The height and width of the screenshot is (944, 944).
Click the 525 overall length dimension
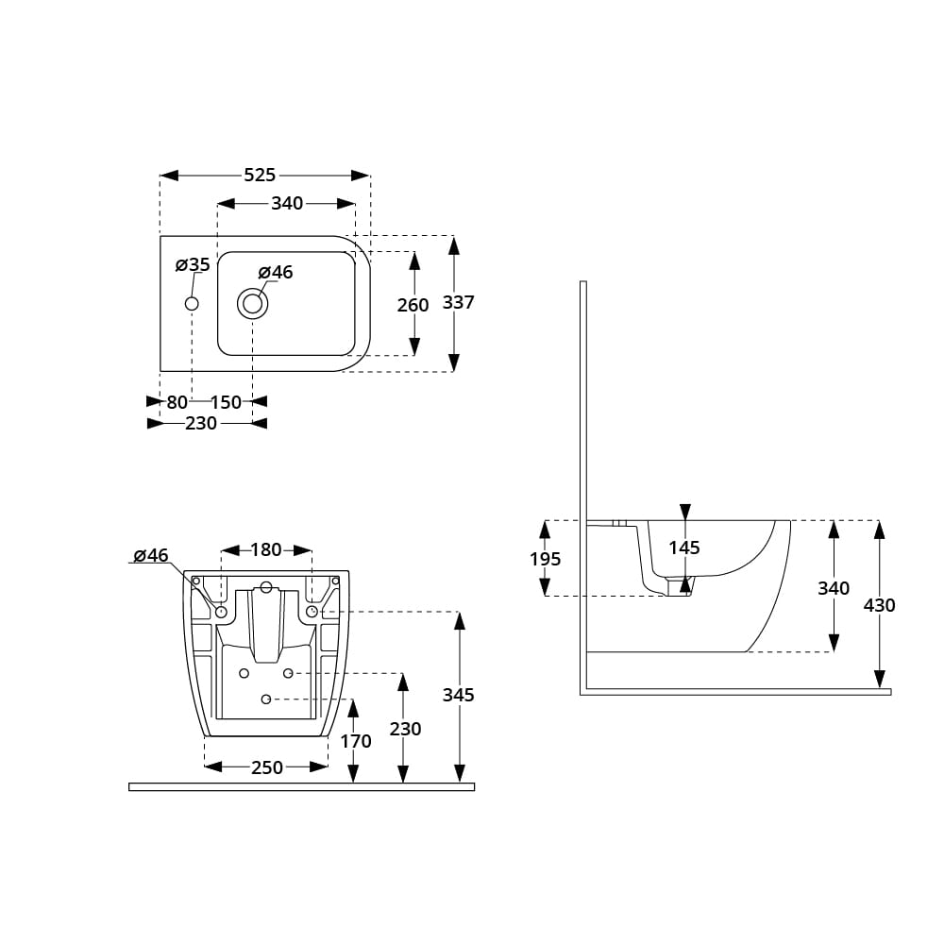click(260, 176)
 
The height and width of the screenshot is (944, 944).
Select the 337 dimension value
click(459, 302)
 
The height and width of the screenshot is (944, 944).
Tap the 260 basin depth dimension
click(413, 305)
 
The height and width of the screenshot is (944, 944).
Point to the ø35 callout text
click(193, 265)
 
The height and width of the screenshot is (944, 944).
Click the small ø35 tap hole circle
click(192, 304)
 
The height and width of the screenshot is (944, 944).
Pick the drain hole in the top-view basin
click(252, 304)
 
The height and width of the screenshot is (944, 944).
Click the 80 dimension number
click(177, 402)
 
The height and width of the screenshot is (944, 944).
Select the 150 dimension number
click(226, 402)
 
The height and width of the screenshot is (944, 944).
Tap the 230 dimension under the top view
click(201, 424)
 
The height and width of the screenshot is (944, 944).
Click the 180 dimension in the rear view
click(266, 549)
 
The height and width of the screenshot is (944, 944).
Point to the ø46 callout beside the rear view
click(151, 555)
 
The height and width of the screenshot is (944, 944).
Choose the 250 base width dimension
click(267, 767)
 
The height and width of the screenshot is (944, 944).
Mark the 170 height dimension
click(356, 741)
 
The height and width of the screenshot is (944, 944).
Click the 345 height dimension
click(459, 696)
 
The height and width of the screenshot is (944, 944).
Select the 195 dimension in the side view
click(546, 559)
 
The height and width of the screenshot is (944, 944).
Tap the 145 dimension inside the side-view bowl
click(684, 548)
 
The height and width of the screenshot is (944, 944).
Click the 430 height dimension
click(880, 605)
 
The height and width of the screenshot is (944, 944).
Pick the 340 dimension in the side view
click(834, 588)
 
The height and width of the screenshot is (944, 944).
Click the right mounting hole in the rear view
click(312, 612)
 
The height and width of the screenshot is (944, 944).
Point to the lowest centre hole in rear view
click(266, 699)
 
